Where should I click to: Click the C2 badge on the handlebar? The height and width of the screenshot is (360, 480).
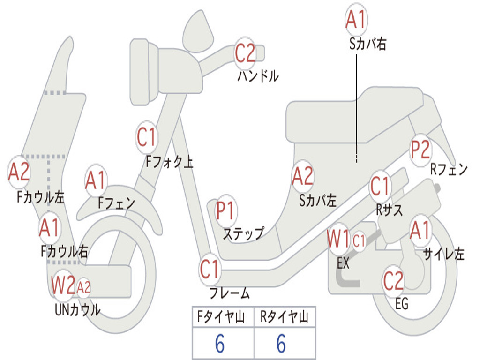click(245, 53)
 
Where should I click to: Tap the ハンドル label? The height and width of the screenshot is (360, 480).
click(258, 76)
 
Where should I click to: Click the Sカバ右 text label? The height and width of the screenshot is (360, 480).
click(368, 45)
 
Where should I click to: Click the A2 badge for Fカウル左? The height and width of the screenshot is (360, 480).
click(19, 172)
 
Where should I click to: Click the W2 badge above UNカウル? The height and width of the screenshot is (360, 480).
click(63, 285)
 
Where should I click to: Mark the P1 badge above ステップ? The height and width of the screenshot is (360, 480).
click(226, 211)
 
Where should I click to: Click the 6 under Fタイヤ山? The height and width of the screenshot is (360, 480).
click(220, 345)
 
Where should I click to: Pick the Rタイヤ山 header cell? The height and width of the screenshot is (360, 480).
click(285, 318)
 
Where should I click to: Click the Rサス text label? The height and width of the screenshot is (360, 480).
click(389, 210)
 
